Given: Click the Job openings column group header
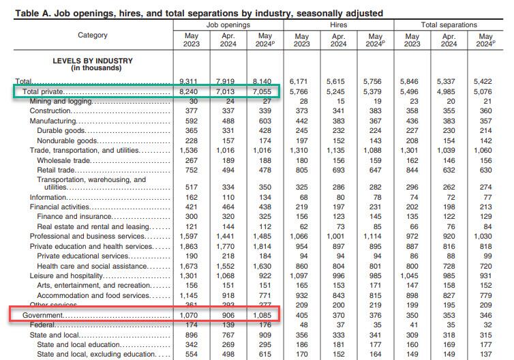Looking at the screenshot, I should click(x=228, y=25).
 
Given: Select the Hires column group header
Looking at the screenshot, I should click(x=338, y=25).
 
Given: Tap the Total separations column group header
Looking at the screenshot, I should click(x=449, y=25).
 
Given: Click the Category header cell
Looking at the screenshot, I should click(x=93, y=35).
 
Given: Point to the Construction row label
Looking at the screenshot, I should click(x=50, y=110).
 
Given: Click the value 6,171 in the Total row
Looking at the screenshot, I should click(x=302, y=80).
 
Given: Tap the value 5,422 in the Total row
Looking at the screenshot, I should click(x=485, y=80).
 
